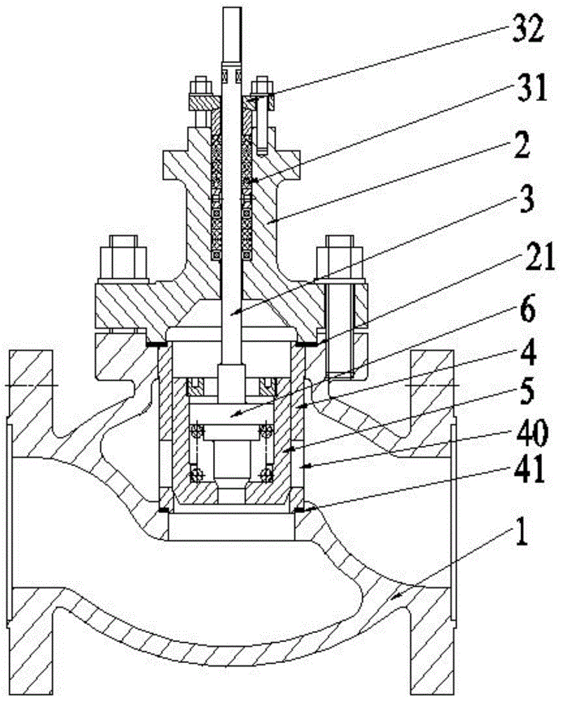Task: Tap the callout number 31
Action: coord(532,88)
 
